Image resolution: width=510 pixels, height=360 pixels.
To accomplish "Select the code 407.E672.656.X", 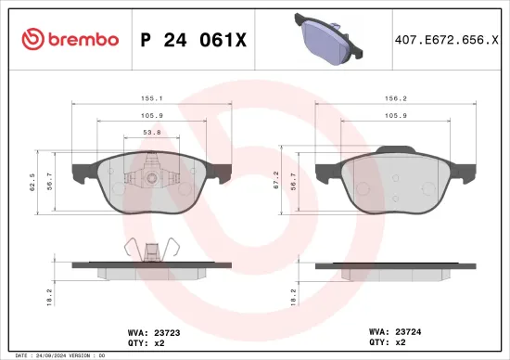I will pyautogui.click(x=440, y=39).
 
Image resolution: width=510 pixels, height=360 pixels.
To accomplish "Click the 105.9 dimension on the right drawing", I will pyautogui.click(x=397, y=117).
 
